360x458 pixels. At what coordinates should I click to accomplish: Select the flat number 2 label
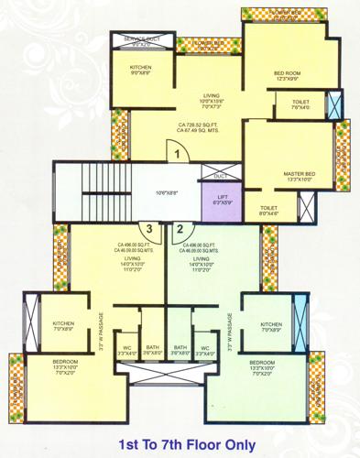click(180, 229)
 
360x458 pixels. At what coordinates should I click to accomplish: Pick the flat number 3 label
click(146, 229)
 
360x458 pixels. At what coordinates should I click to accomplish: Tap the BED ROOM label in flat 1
click(287, 72)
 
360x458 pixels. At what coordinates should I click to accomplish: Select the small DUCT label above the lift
click(220, 174)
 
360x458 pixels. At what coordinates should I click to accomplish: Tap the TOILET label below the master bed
click(268, 207)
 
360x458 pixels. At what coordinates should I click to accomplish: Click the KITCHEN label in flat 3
click(63, 322)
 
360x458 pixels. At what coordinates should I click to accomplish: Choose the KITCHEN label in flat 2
click(271, 323)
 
